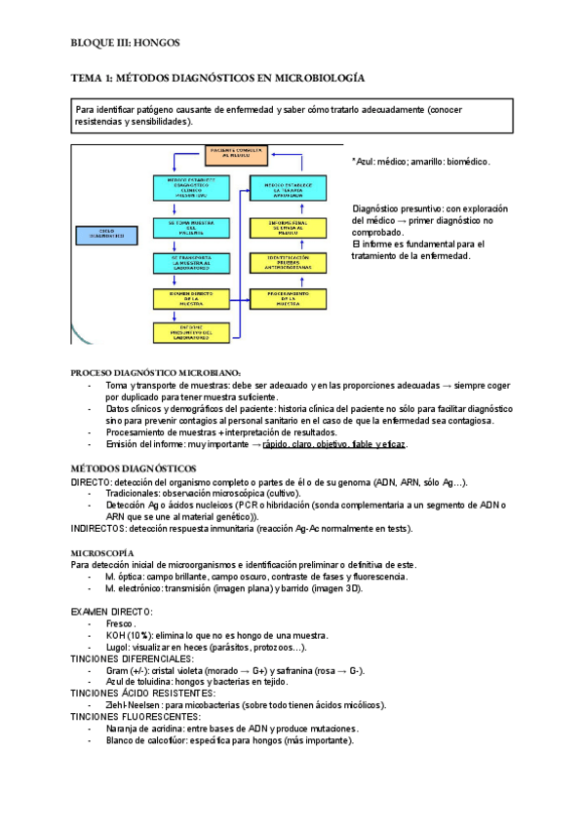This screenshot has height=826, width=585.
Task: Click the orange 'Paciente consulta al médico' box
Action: tap(235, 153)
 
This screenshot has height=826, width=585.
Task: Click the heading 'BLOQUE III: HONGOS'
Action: tap(126, 44)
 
